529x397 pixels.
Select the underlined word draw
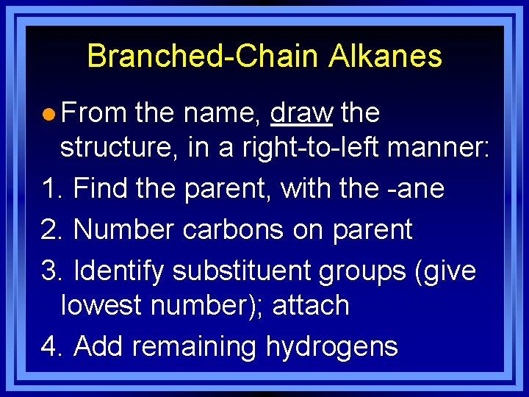(x=302, y=113)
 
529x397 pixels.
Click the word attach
(x=310, y=304)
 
